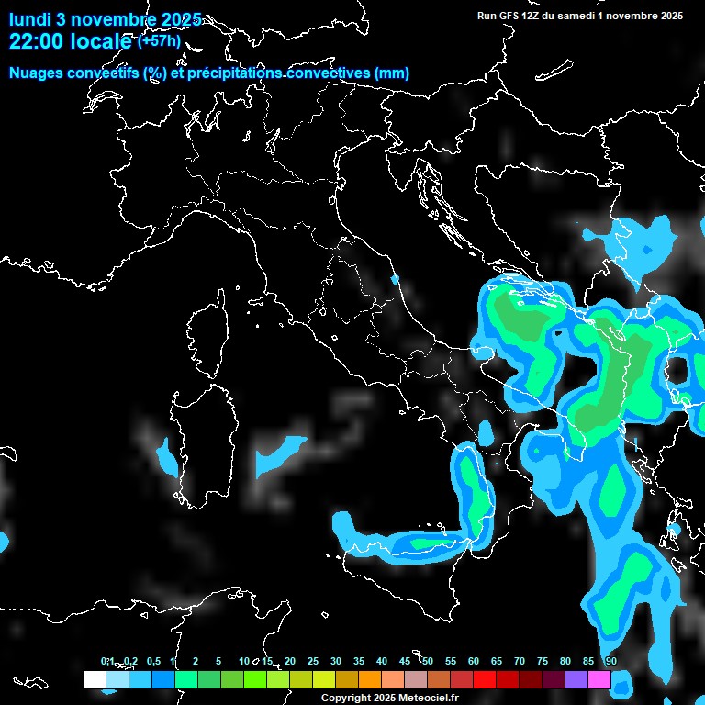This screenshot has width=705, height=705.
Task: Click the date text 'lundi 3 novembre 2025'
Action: pos(106,19)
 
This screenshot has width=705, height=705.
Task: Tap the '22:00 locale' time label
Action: pos(72,41)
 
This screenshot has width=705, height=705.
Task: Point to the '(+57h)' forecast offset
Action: pos(159,40)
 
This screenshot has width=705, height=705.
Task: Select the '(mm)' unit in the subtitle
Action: pos(392,73)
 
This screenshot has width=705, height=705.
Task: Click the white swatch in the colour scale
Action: pos(94,679)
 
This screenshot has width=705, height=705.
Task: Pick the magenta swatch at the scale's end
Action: pos(599,679)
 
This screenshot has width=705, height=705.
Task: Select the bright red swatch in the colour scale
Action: pos(485,679)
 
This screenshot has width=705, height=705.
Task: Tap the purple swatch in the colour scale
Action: pos(576,679)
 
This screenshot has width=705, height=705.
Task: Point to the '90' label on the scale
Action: pos(610,662)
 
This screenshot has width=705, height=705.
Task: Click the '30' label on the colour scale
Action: pos(336,662)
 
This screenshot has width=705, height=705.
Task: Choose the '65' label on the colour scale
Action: pos(497,662)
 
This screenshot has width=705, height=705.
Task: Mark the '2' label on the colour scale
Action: pos(196,662)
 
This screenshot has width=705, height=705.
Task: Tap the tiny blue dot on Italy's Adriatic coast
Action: pos(396,279)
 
